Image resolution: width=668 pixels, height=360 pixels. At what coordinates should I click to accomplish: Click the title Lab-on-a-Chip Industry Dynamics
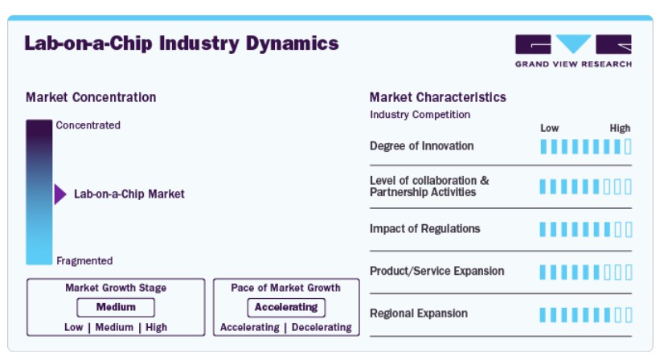182,43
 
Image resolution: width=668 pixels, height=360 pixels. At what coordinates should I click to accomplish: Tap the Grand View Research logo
573,51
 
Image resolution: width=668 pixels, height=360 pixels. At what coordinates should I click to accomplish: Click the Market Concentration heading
91,97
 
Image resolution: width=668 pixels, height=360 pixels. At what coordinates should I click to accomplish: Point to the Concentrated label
88,125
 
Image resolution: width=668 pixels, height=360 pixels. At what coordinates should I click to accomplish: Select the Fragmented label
84,260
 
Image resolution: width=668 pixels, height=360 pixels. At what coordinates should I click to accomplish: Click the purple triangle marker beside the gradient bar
60,194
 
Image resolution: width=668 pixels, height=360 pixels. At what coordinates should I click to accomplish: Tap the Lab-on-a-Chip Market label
129,194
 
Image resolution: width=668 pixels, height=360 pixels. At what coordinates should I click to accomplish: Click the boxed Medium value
116,307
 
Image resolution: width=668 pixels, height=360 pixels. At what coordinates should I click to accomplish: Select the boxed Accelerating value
286,307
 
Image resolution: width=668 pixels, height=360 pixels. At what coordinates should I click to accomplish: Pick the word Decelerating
322,327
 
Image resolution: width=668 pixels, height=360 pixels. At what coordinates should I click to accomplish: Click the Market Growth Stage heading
116,288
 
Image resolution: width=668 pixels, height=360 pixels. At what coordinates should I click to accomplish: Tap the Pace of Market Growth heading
285,288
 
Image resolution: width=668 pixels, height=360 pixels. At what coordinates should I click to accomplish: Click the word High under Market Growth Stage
157,327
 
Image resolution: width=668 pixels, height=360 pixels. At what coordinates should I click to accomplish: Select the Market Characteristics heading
437,97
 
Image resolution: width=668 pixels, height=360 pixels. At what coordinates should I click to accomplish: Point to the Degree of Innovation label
421,146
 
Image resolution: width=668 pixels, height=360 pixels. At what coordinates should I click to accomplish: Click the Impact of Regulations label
424,229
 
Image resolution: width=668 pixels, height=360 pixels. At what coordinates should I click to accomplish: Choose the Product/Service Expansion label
436,271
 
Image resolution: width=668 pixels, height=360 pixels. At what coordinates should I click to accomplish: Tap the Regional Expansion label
418,313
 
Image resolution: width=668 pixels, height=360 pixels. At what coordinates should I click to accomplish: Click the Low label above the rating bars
549,129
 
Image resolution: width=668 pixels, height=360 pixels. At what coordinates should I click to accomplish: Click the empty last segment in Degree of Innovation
628,146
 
